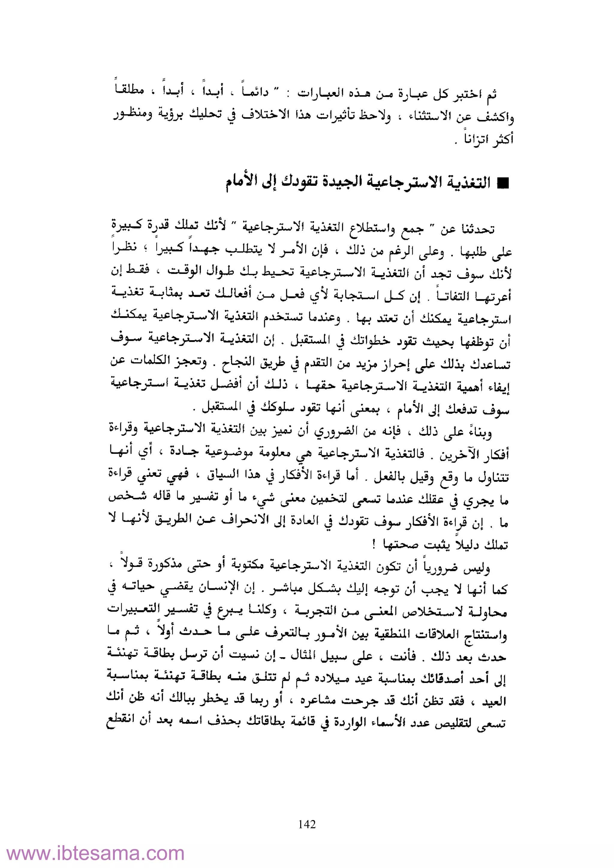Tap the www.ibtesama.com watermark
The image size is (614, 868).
pos(95,853)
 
